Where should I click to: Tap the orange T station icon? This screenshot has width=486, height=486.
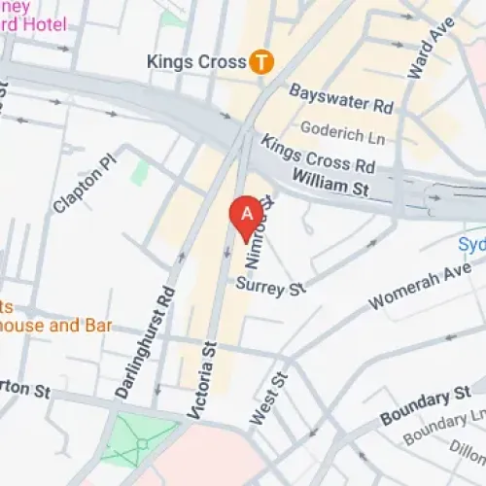coord(260,62)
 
